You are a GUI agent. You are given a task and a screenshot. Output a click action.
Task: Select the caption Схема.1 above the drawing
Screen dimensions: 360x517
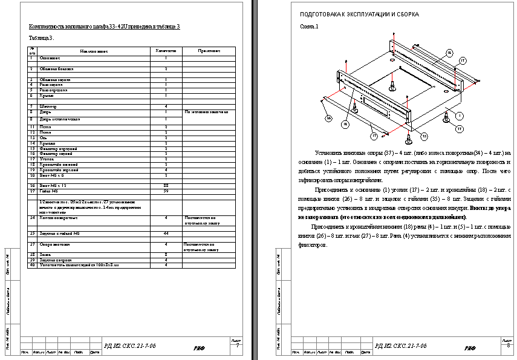(x=309, y=27)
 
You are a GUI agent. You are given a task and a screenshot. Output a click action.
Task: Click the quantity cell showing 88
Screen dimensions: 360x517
(x=166, y=185)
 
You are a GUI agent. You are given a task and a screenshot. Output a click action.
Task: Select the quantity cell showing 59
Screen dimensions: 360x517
(x=166, y=191)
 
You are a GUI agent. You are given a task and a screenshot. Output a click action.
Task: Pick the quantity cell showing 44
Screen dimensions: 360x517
(x=166, y=232)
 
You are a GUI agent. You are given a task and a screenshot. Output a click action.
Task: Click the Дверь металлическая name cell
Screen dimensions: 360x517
(x=60, y=119)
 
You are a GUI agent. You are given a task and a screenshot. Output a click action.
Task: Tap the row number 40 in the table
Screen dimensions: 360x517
(x=32, y=264)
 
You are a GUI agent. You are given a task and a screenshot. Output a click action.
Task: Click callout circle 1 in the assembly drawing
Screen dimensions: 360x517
(x=459, y=115)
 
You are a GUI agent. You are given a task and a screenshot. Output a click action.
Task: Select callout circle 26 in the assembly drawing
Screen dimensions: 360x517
(x=329, y=118)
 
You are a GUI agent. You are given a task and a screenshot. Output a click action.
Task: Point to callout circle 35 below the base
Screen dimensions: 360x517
(x=424, y=136)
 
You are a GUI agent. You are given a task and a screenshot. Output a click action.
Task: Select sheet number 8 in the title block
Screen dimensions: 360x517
(x=509, y=347)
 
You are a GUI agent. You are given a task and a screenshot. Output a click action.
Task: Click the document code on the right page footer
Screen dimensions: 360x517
(x=400, y=345)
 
